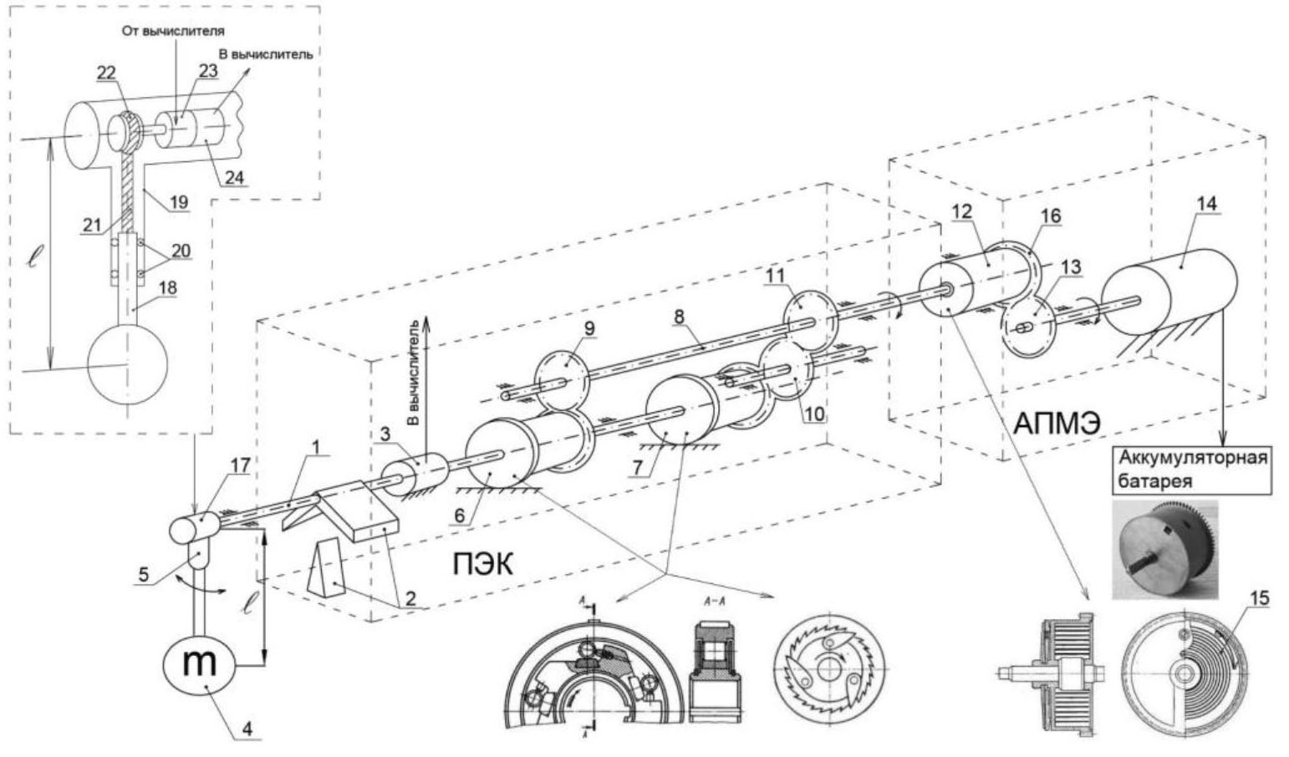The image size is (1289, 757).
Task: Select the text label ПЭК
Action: (482, 564)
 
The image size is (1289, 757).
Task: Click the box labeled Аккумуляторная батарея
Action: (1191, 470)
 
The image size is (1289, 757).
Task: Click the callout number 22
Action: (105, 74)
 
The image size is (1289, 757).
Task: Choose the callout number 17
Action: (241, 465)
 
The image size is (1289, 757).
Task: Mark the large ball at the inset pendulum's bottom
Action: (127, 362)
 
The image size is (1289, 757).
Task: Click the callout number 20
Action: (180, 251)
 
